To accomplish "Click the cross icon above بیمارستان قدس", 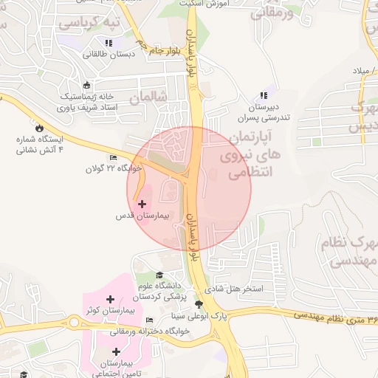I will point(142,203).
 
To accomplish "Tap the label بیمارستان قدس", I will point(142,217).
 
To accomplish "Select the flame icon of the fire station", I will point(39,127).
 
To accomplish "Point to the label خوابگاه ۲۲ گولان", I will point(112,169).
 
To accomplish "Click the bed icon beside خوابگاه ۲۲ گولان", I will point(113,158).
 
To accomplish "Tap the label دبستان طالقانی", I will point(107,54).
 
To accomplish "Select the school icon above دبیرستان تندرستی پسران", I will point(264,95).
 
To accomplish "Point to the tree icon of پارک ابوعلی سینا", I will point(198,303).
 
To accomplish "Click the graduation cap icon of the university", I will point(159,275).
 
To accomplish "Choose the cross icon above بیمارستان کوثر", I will point(110,299).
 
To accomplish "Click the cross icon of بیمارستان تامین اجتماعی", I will point(115,351).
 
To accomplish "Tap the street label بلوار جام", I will point(164,50).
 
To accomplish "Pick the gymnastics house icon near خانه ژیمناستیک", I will point(87,85).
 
